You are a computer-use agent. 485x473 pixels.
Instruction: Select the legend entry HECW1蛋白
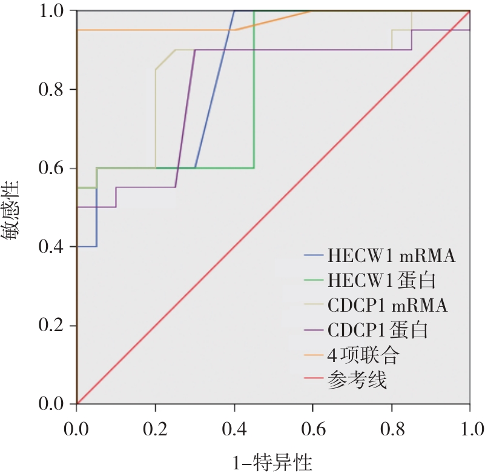(382, 280)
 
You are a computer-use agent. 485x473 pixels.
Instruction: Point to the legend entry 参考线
(357, 380)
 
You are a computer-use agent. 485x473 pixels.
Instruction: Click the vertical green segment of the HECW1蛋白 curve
(254, 91)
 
